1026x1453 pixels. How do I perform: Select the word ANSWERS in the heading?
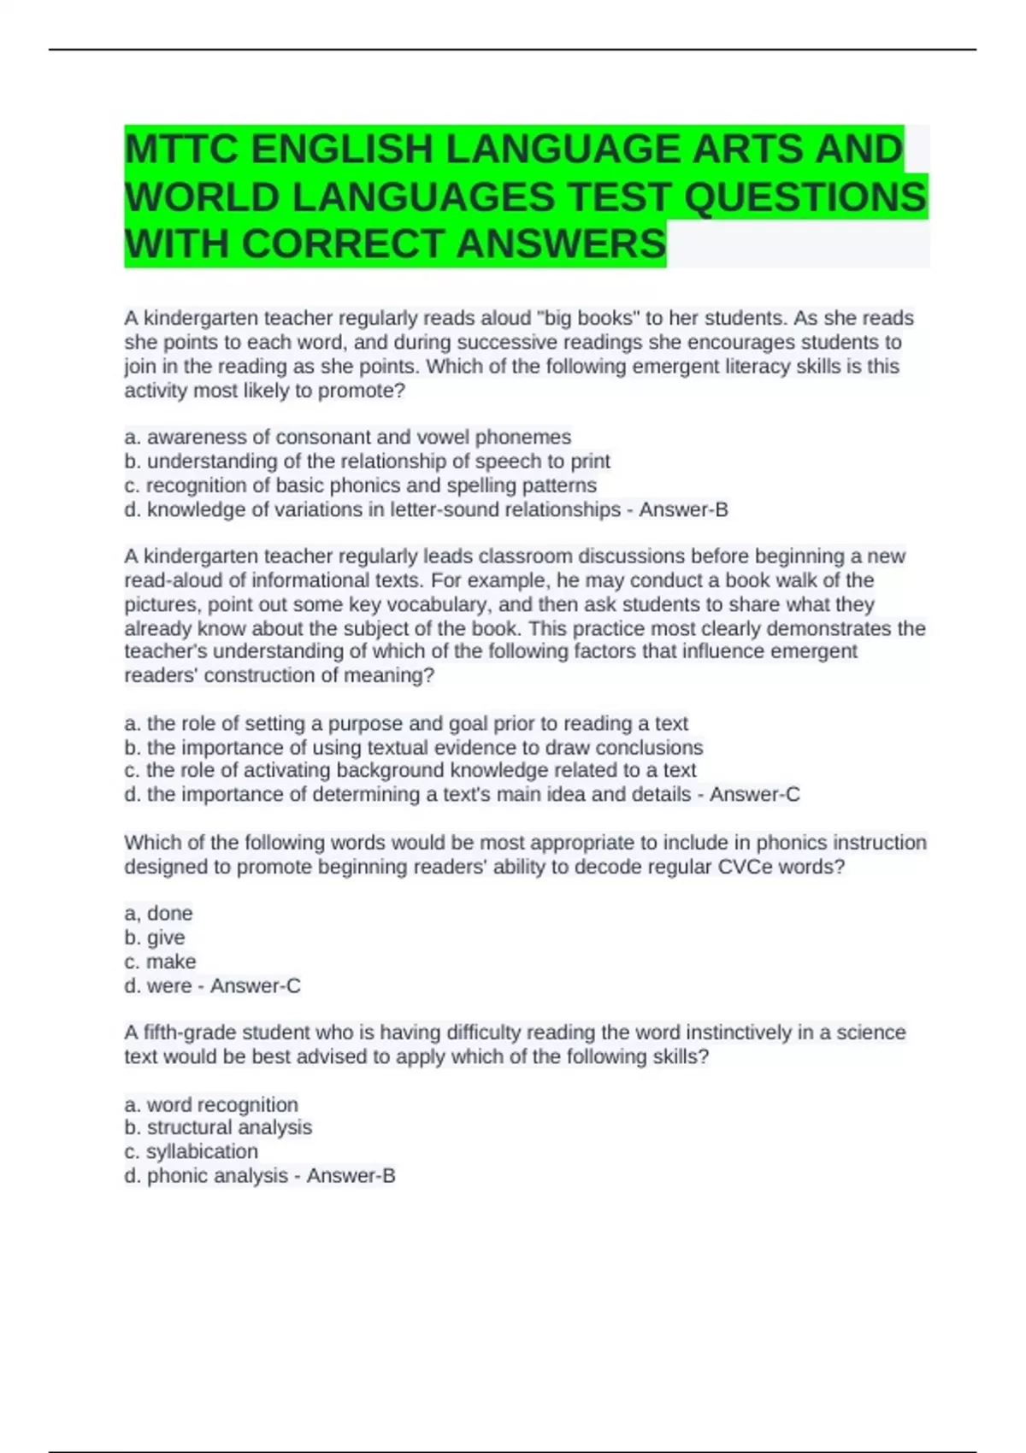(561, 244)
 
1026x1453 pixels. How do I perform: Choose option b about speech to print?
(368, 462)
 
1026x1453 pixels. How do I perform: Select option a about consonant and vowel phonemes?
(348, 438)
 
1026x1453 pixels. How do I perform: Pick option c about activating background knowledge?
(410, 770)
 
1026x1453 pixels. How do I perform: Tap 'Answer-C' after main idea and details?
(754, 794)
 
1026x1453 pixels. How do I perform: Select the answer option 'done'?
(169, 913)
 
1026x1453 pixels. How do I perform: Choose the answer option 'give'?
(165, 937)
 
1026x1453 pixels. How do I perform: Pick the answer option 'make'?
(171, 962)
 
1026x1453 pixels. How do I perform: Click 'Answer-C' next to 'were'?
(255, 985)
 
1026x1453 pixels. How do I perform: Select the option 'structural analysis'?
(219, 1127)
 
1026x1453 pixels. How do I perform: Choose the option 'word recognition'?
(212, 1104)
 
